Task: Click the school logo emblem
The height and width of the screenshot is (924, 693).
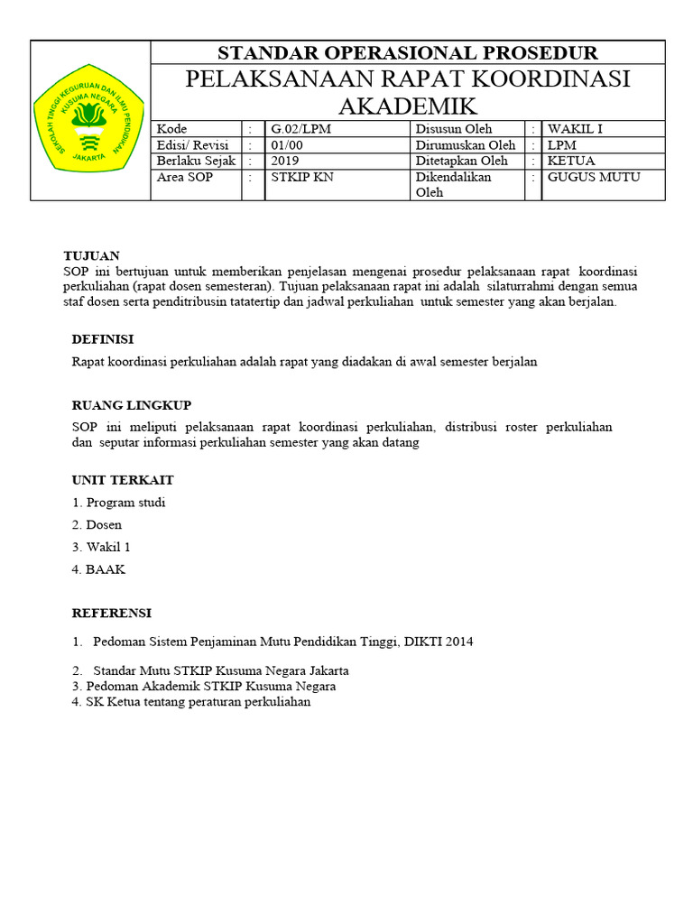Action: tap(89, 120)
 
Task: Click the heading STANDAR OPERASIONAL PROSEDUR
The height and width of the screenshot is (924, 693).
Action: tap(408, 52)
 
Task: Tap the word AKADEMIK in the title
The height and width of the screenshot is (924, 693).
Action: tap(408, 106)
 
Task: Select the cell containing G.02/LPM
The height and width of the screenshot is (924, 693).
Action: tap(301, 129)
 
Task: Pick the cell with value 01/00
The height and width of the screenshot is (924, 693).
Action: tap(288, 145)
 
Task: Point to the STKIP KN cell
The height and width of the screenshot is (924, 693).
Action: tap(302, 177)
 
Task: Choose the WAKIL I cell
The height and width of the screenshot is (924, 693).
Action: tap(575, 129)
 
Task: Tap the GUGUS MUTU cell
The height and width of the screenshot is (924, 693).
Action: tap(594, 177)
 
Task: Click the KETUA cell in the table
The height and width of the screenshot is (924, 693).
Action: tap(571, 161)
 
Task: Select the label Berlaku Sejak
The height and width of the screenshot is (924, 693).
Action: tap(195, 161)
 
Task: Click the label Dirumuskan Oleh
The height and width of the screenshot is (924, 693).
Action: tap(466, 145)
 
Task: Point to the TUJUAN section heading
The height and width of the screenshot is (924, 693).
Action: tap(91, 256)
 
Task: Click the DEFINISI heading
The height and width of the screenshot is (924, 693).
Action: tap(103, 339)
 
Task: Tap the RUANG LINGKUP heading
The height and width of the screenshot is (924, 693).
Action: tap(132, 405)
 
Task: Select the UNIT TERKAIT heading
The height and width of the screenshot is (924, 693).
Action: tap(123, 480)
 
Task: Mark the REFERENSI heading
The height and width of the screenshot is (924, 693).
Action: tap(112, 614)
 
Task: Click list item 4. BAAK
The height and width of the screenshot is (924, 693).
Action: tap(99, 569)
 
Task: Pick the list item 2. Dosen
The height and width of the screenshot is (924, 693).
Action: tap(97, 524)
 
